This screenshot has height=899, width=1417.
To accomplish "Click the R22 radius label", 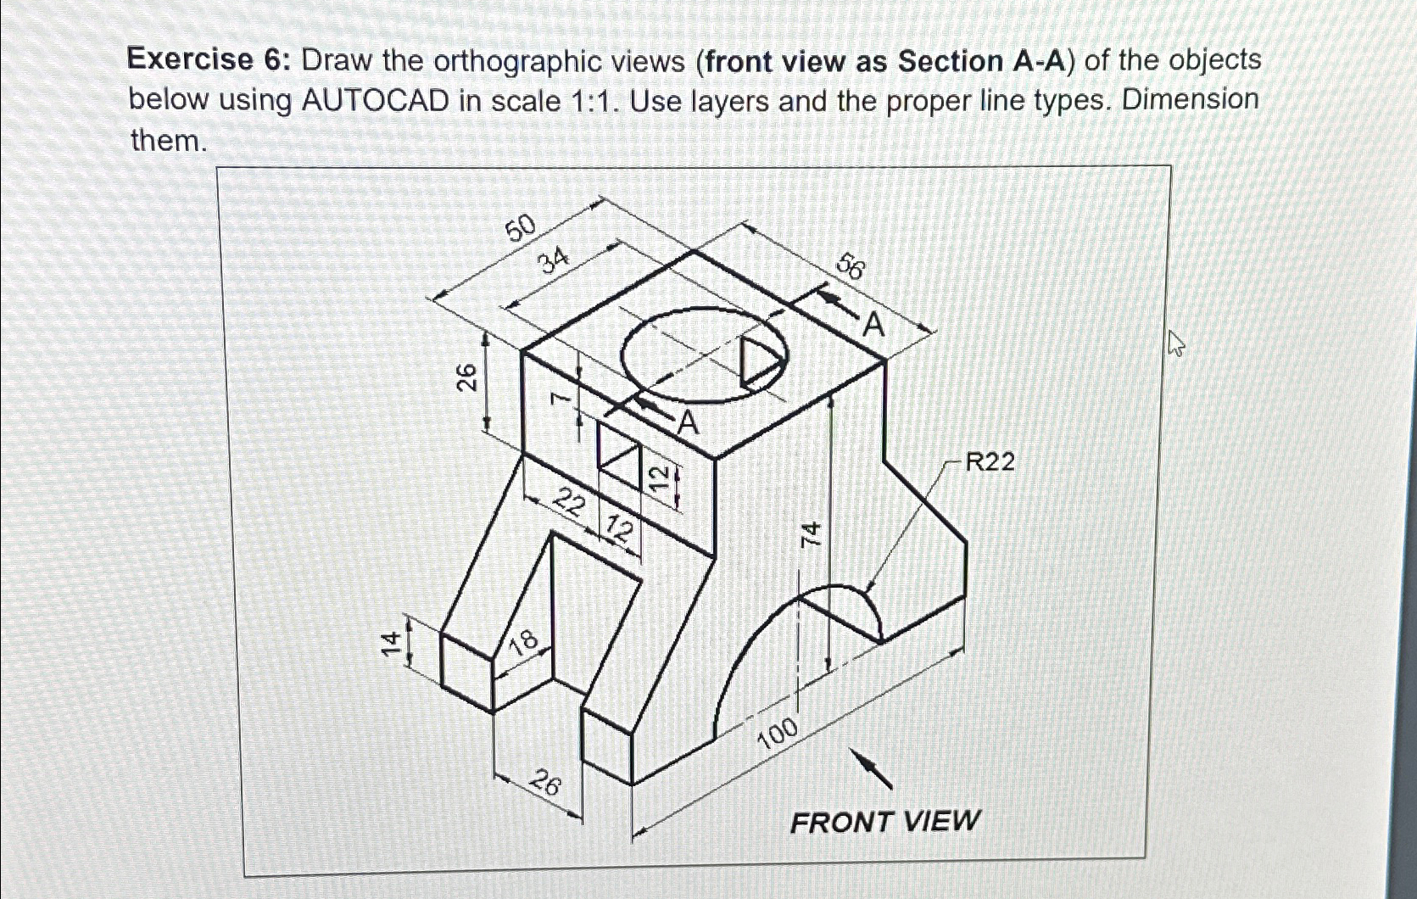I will tap(990, 462).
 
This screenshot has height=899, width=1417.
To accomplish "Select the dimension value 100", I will tap(778, 733).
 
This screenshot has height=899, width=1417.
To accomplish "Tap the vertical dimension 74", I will tap(812, 533).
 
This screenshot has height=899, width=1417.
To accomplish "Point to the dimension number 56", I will tap(851, 267).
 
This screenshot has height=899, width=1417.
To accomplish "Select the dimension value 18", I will tap(523, 641).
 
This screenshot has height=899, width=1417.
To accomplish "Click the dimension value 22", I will tap(569, 504).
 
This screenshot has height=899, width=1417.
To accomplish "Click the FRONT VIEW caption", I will tap(884, 821).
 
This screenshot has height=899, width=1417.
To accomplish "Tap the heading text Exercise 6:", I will tap(191, 60).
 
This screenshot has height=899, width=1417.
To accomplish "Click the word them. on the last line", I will tap(168, 140).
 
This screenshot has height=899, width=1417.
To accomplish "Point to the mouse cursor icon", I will tap(1175, 343).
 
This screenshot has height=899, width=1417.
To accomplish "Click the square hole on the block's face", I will tap(617, 456).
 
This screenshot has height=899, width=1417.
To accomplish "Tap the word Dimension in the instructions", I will tap(1190, 100).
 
